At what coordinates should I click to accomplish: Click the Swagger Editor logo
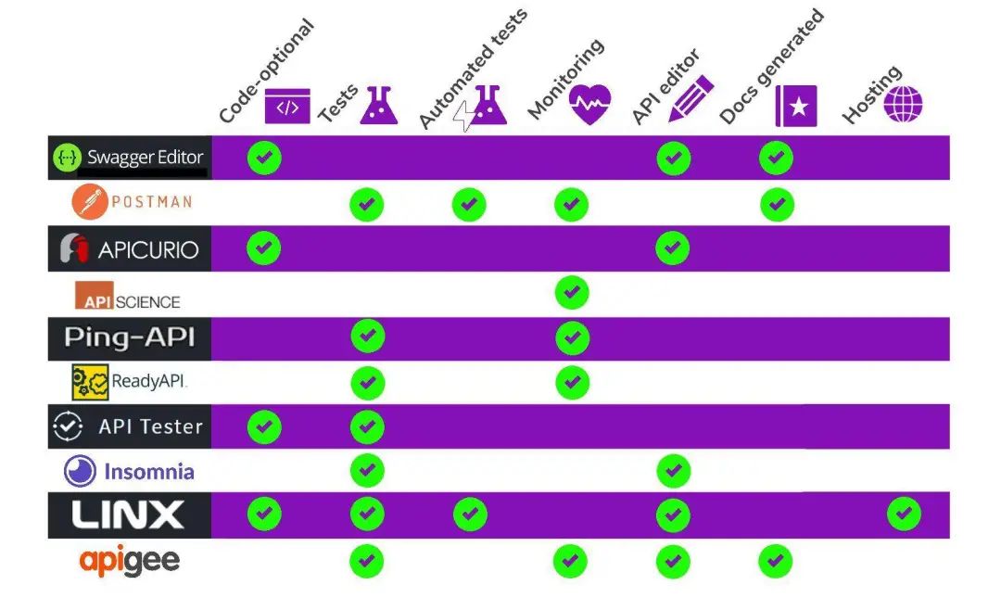click(x=129, y=158)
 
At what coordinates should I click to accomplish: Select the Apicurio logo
click(x=130, y=248)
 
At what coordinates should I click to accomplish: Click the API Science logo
click(x=128, y=296)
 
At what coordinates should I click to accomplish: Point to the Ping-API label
click(x=130, y=337)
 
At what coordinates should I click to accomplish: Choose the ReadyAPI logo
click(x=130, y=381)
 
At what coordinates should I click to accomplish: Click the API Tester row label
click(x=129, y=426)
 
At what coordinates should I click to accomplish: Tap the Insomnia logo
click(x=130, y=471)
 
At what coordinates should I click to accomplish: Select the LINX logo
click(x=129, y=515)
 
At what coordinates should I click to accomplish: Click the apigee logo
click(x=130, y=560)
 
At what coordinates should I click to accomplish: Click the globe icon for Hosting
click(x=903, y=103)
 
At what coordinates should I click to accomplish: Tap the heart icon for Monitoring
click(x=590, y=104)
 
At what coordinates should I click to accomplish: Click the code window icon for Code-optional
click(x=287, y=107)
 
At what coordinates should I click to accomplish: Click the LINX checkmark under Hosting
click(x=904, y=514)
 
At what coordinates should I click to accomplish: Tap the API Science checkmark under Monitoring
click(x=572, y=293)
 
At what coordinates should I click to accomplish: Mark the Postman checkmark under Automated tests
click(x=470, y=204)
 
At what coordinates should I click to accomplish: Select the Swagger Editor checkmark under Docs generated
click(x=776, y=158)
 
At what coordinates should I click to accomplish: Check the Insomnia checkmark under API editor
click(x=673, y=471)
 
